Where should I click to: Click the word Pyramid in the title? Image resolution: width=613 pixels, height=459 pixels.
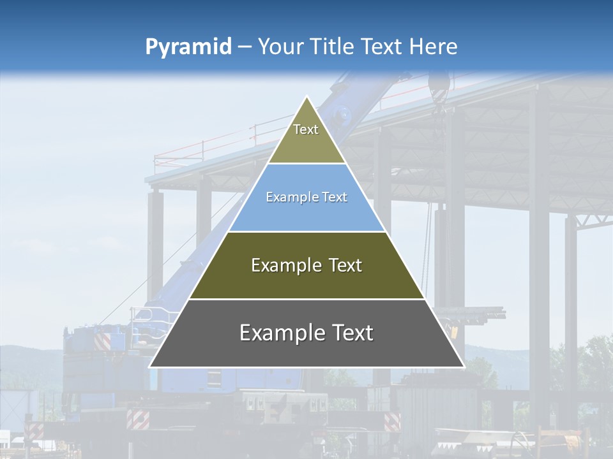(x=188, y=47)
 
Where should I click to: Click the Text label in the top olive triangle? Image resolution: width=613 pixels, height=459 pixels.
(x=306, y=129)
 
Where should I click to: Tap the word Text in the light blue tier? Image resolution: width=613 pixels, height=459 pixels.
(x=335, y=198)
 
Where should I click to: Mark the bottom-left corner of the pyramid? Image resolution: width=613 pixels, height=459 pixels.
(x=150, y=367)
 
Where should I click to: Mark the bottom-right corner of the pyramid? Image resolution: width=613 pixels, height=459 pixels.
(x=464, y=367)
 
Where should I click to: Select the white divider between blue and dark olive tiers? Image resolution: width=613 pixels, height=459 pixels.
(x=306, y=231)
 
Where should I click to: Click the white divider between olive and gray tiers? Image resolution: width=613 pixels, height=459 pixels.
(x=306, y=299)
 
